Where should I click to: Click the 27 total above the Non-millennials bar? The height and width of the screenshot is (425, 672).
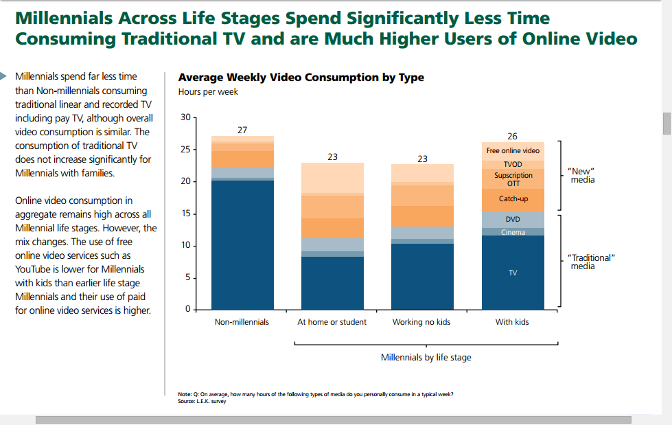point(242,130)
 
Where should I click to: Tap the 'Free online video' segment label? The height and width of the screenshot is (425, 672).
point(513,150)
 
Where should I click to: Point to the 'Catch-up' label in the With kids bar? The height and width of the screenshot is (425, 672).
point(513,199)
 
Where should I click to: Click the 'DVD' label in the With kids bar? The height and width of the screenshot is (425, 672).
point(513,219)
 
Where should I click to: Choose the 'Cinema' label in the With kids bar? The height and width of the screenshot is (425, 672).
point(513,232)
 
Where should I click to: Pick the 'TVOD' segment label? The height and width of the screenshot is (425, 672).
point(513,165)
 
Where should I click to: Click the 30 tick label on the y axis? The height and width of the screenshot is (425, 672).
point(185,117)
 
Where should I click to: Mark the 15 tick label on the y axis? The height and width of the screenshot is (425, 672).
point(185,214)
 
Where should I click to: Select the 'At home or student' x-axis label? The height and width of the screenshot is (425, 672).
point(332,322)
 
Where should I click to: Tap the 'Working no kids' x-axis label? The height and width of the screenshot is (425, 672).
point(421,322)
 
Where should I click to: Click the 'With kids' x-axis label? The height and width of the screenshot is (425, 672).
point(512,322)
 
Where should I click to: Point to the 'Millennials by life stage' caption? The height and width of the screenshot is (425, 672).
point(426,358)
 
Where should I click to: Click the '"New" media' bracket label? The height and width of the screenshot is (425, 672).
point(583,175)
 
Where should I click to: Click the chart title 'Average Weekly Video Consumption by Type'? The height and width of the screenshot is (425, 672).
point(301,78)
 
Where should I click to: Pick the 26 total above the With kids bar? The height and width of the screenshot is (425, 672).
point(512,137)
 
